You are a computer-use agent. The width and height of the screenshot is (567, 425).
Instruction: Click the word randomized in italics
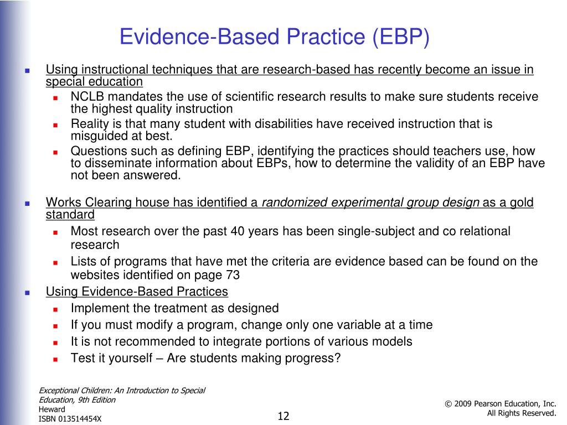(295, 203)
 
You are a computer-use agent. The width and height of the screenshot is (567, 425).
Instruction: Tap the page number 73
(233, 275)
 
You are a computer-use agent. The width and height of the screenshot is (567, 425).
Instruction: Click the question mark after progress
(337, 358)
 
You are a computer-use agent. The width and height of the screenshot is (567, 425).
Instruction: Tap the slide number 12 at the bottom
(284, 416)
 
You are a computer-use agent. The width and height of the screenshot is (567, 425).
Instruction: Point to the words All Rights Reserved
(521, 413)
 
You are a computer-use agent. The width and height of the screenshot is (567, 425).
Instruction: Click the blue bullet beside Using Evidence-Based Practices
(27, 292)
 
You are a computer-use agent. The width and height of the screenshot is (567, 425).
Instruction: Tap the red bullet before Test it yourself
(56, 359)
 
